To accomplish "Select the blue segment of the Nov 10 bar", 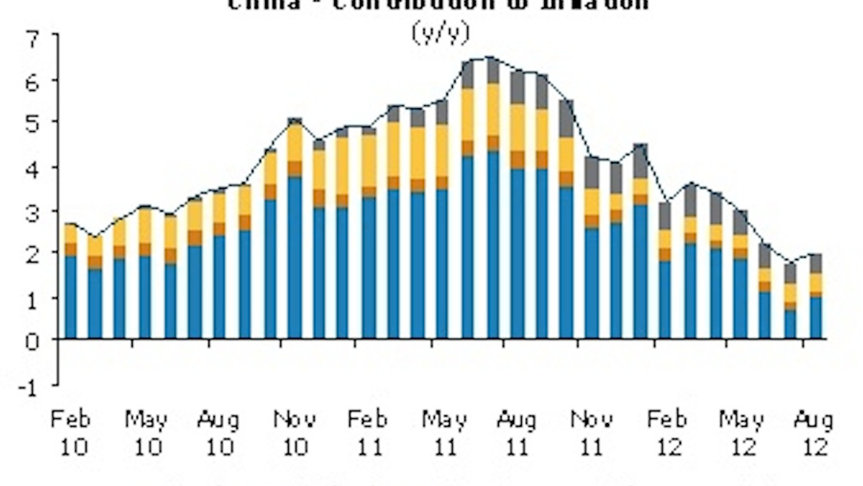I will [295, 258].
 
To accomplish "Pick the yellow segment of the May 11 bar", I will [442, 150].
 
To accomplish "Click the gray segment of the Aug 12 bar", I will [816, 263].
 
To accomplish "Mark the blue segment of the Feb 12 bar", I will [665, 300].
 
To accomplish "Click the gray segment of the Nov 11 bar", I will [592, 173].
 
